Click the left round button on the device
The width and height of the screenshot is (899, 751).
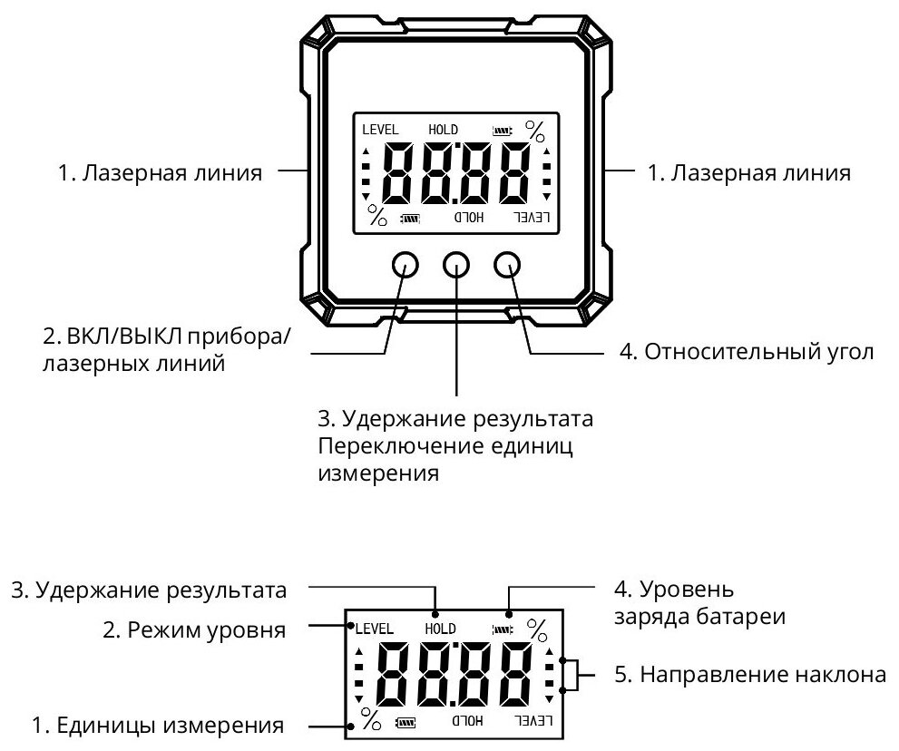pyautogui.click(x=405, y=264)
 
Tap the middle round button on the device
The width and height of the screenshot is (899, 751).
pyautogui.click(x=456, y=264)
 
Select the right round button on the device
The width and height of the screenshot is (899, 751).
pyautogui.click(x=508, y=264)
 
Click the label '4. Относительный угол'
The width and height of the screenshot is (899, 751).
pyautogui.click(x=747, y=352)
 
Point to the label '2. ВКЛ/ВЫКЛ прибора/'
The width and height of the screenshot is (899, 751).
pyautogui.click(x=168, y=337)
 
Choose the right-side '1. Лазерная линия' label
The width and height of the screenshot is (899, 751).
pyautogui.click(x=748, y=172)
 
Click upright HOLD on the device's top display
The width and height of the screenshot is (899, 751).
pyautogui.click(x=444, y=130)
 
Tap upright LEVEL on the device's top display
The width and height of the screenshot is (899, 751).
pyautogui.click(x=380, y=130)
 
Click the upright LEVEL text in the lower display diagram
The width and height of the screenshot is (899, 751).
pyautogui.click(x=373, y=628)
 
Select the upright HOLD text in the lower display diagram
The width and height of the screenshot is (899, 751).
pyautogui.click(x=440, y=628)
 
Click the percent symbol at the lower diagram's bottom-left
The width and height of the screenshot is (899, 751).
pyautogui.click(x=371, y=721)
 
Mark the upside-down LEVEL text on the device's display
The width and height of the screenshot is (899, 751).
pyautogui.click(x=533, y=218)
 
